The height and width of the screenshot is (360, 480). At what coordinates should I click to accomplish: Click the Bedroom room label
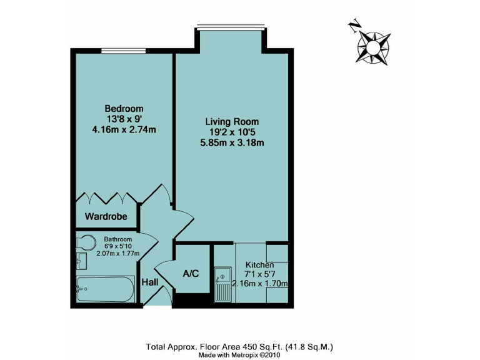[x=124, y=108]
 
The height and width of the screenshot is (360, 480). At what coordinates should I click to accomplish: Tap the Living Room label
[x=232, y=121]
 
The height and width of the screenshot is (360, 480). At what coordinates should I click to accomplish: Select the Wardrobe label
[x=106, y=217]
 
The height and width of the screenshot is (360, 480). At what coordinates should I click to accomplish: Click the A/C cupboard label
[x=191, y=273]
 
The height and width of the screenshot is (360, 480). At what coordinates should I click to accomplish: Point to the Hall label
[x=149, y=283]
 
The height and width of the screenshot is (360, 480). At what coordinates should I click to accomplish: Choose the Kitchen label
[x=259, y=265]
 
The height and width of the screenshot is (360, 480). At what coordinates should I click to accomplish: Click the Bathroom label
[x=118, y=239]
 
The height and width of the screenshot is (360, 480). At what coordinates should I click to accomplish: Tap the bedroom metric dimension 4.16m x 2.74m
[x=124, y=130]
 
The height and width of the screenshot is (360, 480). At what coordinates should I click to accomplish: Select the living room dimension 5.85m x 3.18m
[x=232, y=143]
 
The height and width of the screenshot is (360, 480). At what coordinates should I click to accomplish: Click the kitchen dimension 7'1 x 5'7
[x=259, y=274]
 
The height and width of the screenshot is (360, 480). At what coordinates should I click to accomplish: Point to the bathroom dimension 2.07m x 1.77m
[x=118, y=253]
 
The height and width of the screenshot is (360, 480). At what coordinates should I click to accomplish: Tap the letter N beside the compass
[x=355, y=27]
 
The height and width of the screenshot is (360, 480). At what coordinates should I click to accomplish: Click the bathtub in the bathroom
[x=105, y=289]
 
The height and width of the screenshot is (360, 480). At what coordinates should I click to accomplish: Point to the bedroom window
[x=123, y=51]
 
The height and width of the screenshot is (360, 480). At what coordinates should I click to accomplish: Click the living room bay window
[x=231, y=27]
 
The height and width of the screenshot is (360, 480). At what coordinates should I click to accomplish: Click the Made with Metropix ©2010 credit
[x=239, y=354]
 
